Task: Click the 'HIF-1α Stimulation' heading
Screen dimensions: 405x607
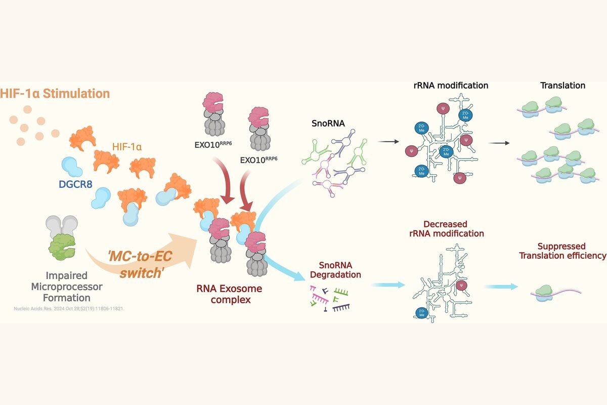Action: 55,94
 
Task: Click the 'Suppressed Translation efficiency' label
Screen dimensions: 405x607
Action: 562,251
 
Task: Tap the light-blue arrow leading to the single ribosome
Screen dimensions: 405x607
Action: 501,287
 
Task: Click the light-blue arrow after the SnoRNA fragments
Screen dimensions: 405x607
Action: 387,285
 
